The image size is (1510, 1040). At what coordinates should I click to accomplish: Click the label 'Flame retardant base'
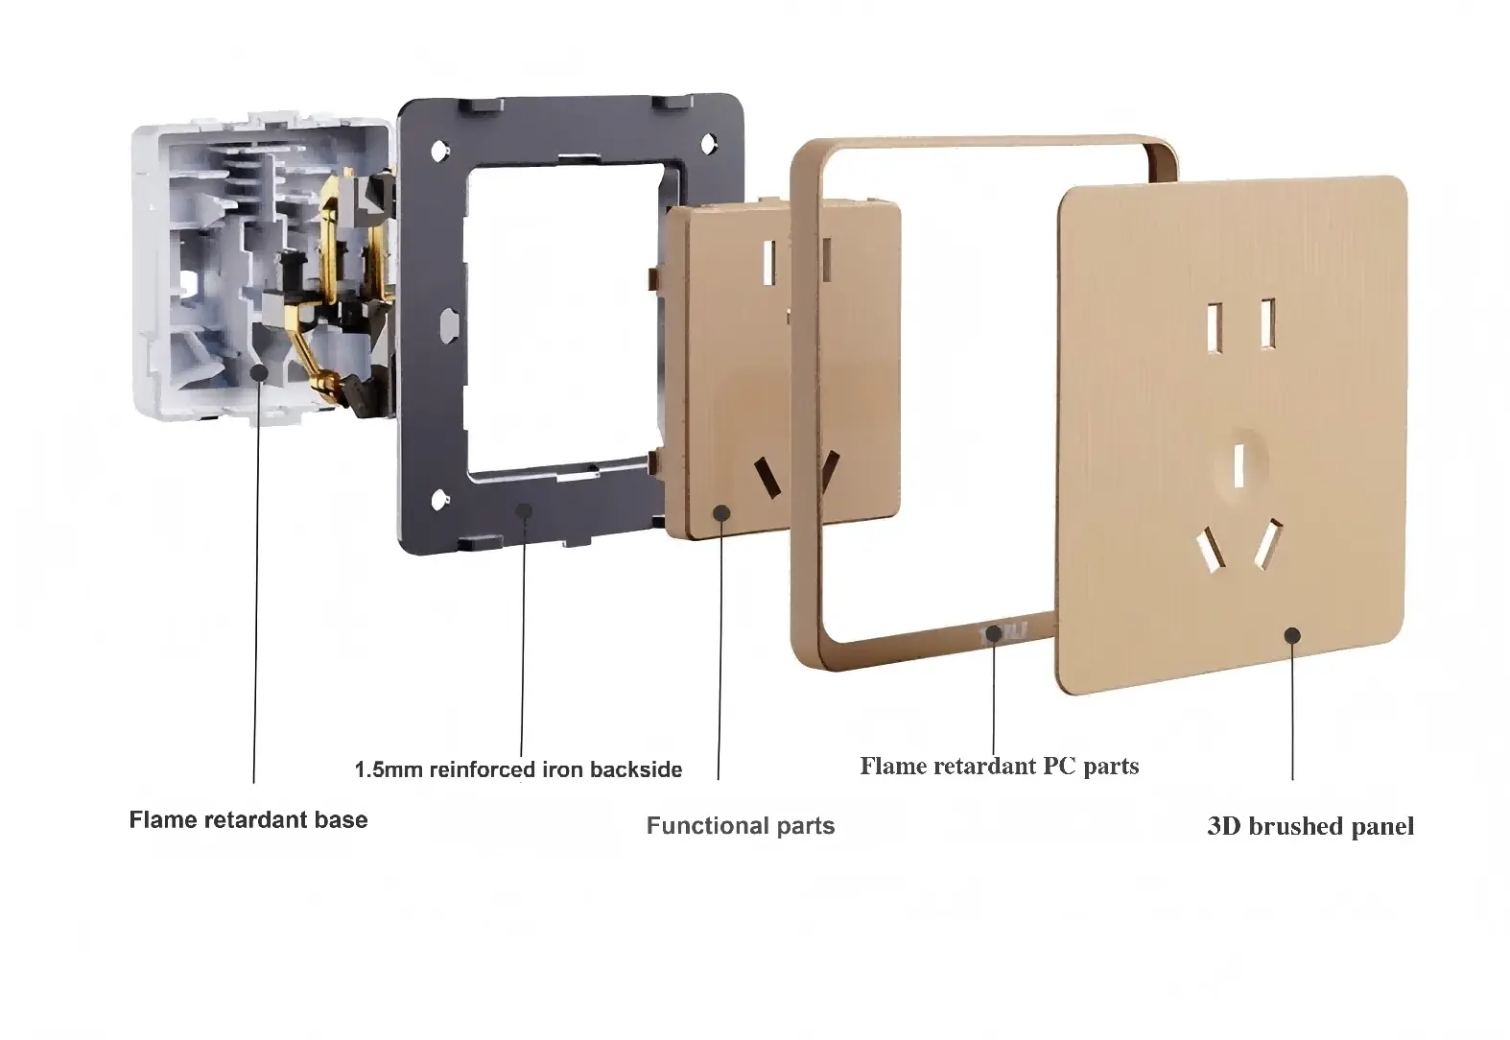tap(248, 820)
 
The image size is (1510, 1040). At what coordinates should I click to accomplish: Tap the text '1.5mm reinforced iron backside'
tap(519, 769)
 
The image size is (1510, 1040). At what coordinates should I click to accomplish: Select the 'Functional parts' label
tap(741, 826)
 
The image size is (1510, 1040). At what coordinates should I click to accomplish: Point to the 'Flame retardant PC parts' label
tap(999, 766)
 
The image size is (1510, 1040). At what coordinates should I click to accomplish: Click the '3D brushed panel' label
tap(1310, 826)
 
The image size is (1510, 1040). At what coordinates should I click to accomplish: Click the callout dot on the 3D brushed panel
tap(1292, 635)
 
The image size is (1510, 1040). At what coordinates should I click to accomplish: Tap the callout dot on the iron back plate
tap(524, 509)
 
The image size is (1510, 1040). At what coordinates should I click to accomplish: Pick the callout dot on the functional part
tap(721, 513)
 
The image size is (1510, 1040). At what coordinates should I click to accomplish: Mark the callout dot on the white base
tap(257, 370)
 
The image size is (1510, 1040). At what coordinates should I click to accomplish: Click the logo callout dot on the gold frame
tap(994, 633)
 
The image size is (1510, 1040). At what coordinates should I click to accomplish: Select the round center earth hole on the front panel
tap(1239, 463)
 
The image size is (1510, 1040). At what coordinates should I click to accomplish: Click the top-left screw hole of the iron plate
tap(439, 151)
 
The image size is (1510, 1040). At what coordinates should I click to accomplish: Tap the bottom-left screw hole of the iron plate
tap(439, 498)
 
